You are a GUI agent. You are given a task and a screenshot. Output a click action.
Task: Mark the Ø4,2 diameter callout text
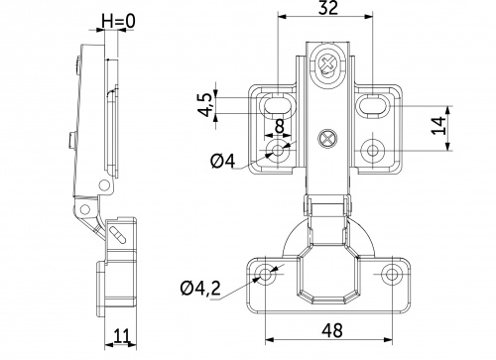(x=202, y=290)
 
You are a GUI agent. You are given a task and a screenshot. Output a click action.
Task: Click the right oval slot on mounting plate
(x=374, y=102)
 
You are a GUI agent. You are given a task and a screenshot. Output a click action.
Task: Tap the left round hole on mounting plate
(x=277, y=150)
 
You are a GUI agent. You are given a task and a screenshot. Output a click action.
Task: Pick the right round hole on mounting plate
(x=373, y=150)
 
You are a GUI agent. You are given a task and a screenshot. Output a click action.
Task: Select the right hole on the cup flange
(x=394, y=271)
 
